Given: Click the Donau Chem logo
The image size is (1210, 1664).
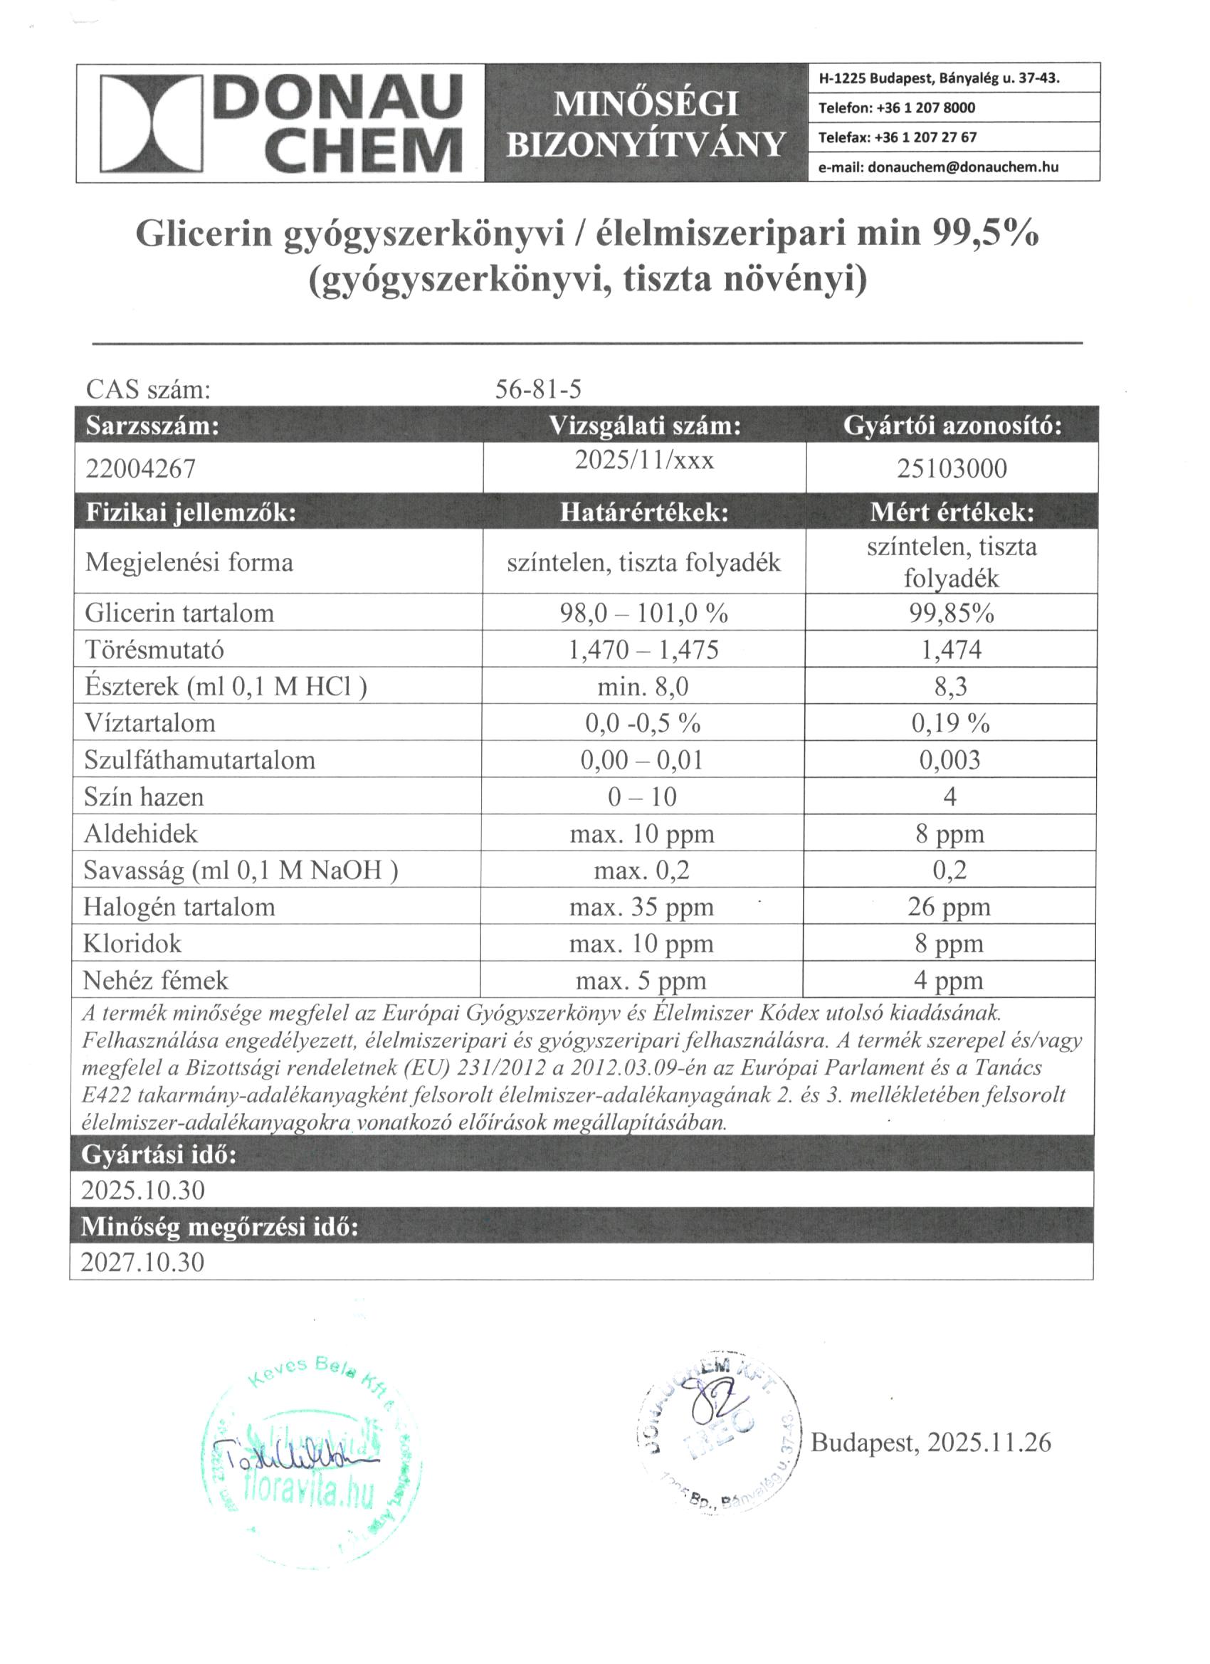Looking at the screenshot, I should [x=281, y=122].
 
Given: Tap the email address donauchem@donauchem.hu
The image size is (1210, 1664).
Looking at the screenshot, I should [x=939, y=167].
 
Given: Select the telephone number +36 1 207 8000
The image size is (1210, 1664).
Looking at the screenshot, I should [x=897, y=108].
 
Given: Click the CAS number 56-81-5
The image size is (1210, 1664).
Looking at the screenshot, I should [x=538, y=389].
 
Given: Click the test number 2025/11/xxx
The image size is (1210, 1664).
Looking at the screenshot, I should [x=644, y=460].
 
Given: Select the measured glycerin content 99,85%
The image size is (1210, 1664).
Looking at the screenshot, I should [x=952, y=613].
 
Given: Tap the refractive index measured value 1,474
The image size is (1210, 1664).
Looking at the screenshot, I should [x=952, y=649].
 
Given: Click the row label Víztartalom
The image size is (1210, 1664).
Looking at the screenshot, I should [x=149, y=722].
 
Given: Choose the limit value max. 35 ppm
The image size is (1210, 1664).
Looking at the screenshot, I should [x=641, y=907].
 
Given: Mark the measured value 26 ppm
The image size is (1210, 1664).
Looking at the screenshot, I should [x=949, y=907].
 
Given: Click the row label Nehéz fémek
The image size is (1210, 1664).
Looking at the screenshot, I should [x=156, y=980].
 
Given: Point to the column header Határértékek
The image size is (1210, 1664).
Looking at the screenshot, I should [x=644, y=512].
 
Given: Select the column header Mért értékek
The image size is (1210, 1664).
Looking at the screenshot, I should [x=952, y=512].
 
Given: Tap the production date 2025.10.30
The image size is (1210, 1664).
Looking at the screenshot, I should [x=143, y=1189].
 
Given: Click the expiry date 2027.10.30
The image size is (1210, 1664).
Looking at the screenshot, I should [x=143, y=1261].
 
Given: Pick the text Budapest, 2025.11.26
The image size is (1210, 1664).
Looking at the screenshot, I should [x=930, y=1443].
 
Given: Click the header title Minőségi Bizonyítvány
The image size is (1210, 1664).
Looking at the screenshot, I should [x=646, y=123].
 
